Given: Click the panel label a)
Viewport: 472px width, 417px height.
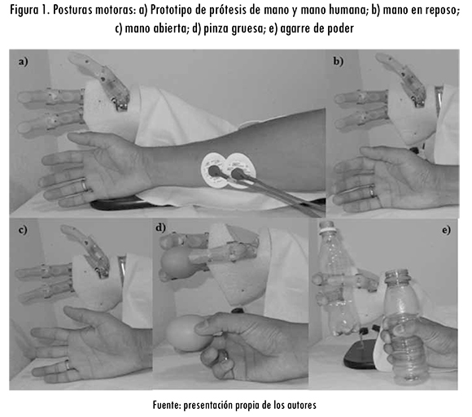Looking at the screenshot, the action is [23, 62].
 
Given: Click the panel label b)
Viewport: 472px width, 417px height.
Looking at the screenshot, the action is [338, 61].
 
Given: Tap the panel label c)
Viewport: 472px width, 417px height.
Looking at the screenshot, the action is [23, 230].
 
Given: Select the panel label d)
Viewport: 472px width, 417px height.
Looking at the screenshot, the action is [161, 228].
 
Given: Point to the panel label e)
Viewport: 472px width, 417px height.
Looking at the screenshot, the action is [447, 230].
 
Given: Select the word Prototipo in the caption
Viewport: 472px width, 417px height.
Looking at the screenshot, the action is [170, 11].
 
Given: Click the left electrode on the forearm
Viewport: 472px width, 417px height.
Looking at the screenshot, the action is [214, 171].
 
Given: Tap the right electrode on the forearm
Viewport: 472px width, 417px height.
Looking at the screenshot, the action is [240, 171].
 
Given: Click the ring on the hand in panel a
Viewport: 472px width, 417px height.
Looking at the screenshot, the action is [85, 184].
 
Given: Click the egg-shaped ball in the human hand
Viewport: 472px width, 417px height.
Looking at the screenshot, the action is [184, 332].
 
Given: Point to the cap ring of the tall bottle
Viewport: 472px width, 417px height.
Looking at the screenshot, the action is [327, 231].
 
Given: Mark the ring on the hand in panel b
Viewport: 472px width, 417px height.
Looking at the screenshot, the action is [373, 191].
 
